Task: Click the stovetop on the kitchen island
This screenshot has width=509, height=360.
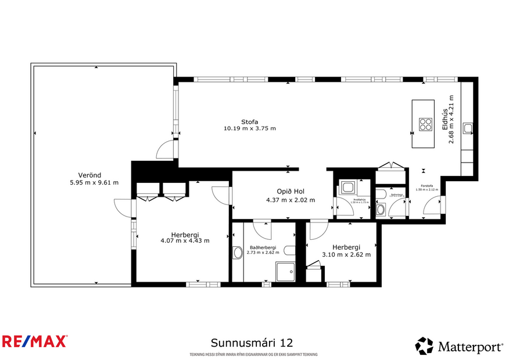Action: (x=425, y=124)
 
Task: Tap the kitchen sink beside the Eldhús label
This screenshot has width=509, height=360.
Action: (x=468, y=128)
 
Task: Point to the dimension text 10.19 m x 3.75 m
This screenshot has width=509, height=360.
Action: (x=250, y=128)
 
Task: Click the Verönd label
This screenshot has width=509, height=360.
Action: (x=90, y=175)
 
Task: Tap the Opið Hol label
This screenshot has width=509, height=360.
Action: (x=290, y=192)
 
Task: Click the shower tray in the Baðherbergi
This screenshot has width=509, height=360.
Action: (x=285, y=271)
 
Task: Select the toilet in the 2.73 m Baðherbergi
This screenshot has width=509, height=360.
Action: (x=290, y=251)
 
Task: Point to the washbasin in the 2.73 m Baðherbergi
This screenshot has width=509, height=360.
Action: (x=237, y=253)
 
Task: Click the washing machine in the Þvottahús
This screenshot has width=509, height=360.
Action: (x=349, y=187)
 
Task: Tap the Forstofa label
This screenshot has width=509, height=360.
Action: (x=426, y=186)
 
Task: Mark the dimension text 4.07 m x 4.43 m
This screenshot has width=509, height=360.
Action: (x=185, y=240)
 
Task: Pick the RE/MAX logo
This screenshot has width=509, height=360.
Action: (x=35, y=341)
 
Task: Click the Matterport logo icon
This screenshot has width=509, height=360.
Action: (x=424, y=346)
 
